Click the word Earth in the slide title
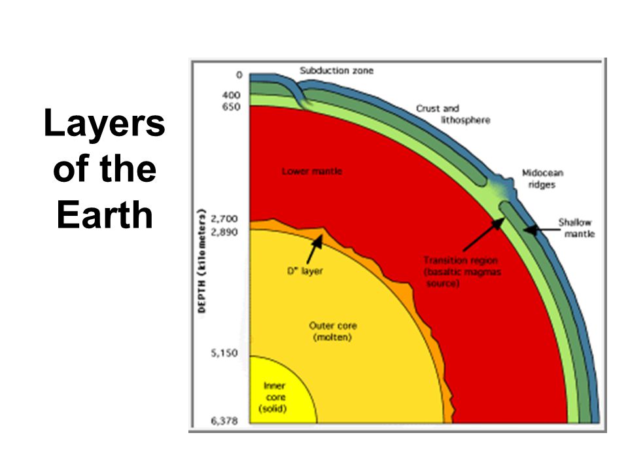pos(105,215)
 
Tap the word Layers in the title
pos(105,123)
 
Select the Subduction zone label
pos(336,71)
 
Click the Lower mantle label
pos(312,171)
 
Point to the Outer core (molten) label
pos(332,332)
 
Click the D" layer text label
pos(305,271)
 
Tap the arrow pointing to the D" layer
pos(315,249)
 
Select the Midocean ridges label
pos(542,179)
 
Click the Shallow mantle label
pos(576,228)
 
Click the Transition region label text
pos(462,272)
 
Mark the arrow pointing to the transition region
pos(483,235)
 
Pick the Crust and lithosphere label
pos(453,114)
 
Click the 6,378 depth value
pos(224,421)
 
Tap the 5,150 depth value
pos(224,353)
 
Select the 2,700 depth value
pos(224,219)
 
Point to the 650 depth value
pos(231,107)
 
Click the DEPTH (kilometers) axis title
pos(202,261)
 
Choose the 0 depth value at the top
pos(239,75)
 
